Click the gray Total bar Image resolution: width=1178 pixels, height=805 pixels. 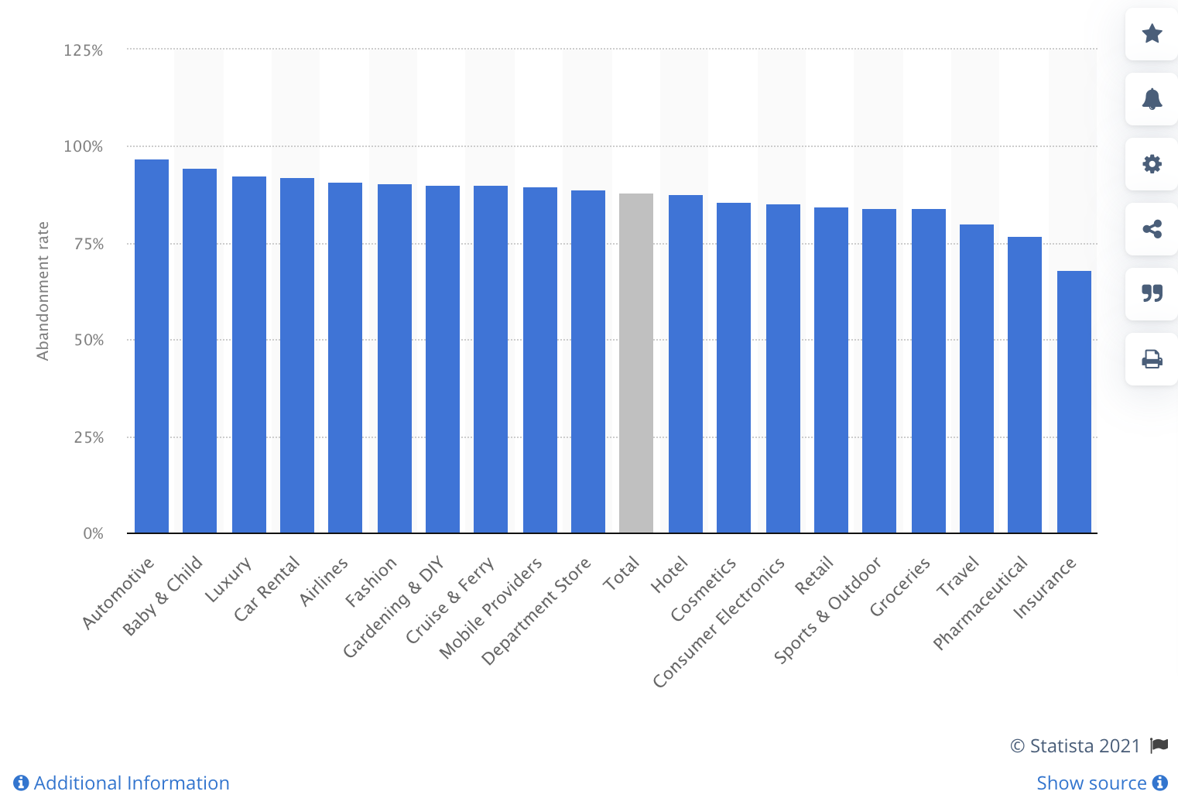pyautogui.click(x=636, y=363)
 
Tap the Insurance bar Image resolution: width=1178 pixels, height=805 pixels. pyautogui.click(x=1074, y=402)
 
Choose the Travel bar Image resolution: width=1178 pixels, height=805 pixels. pyautogui.click(x=977, y=379)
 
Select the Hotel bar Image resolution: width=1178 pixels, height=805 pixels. pyautogui.click(x=686, y=364)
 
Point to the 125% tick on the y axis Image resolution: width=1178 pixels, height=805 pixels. pyautogui.click(x=84, y=50)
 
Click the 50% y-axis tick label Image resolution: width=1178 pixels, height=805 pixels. pyautogui.click(x=89, y=340)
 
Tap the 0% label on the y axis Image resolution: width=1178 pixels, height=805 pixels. pyautogui.click(x=94, y=533)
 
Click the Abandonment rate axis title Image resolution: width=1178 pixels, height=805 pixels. pyautogui.click(x=43, y=291)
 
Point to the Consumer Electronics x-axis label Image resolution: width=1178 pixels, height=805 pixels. pyautogui.click(x=718, y=622)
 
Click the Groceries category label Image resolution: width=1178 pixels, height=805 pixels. pyautogui.click(x=899, y=587)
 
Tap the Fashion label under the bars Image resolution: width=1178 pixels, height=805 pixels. pyautogui.click(x=371, y=581)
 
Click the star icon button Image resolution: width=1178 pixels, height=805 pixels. pyautogui.click(x=1152, y=34)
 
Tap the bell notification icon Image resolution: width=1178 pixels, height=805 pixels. pyautogui.click(x=1152, y=99)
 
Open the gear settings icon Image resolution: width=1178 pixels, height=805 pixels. pyautogui.click(x=1152, y=164)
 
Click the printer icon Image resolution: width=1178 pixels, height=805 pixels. pyautogui.click(x=1152, y=359)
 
